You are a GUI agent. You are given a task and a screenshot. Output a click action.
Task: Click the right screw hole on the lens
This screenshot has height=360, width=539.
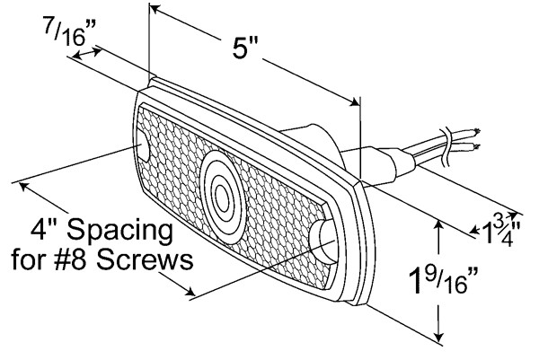323,239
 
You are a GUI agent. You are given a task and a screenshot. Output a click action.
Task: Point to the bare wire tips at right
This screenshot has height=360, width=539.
474,140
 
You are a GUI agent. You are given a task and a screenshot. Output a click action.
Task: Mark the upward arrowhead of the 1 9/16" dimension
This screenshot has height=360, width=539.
438,224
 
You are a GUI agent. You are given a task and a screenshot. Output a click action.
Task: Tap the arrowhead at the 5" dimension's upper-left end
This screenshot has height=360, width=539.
155,10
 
